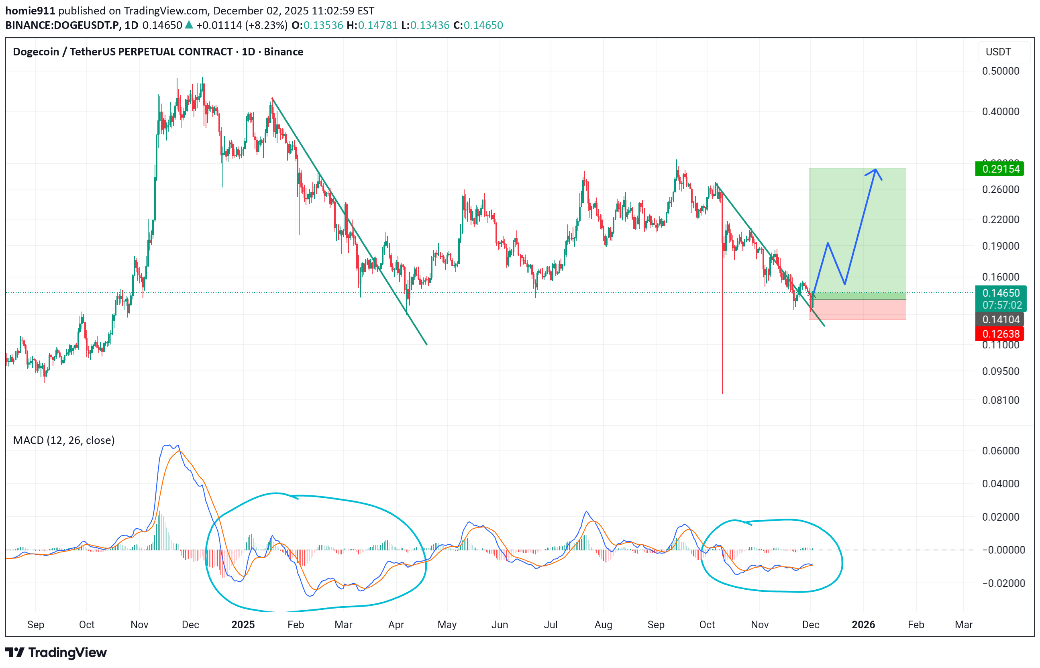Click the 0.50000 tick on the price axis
pyautogui.click(x=1000, y=71)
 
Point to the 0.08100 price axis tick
pyautogui.click(x=1000, y=400)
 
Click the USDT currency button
pyautogui.click(x=998, y=52)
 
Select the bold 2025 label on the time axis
pyautogui.click(x=243, y=624)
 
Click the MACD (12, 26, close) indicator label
pyautogui.click(x=64, y=440)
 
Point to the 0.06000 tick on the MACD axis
pyautogui.click(x=1000, y=451)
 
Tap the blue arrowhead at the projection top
pyautogui.click(x=875, y=170)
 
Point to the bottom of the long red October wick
pyautogui.click(x=722, y=393)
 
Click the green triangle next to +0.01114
pyautogui.click(x=189, y=25)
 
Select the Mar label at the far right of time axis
pyautogui.click(x=963, y=624)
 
